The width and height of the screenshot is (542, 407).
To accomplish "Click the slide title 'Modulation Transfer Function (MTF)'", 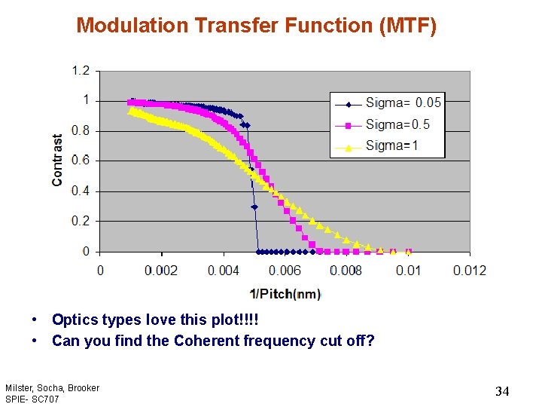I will (x=256, y=26).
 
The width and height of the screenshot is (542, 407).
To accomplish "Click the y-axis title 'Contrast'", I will (x=58, y=161).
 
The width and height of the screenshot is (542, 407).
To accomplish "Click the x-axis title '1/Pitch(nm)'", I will (x=285, y=294).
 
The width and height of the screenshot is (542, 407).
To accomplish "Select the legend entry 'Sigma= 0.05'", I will (x=403, y=103).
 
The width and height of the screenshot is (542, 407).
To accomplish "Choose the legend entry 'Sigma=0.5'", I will (x=397, y=124).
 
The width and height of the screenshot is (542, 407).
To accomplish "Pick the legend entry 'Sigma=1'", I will (x=391, y=145).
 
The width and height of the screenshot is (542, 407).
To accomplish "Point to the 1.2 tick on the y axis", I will (x=81, y=71).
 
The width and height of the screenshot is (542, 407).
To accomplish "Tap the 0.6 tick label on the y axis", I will (x=81, y=161).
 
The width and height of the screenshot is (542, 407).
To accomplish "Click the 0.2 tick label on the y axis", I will (x=81, y=221).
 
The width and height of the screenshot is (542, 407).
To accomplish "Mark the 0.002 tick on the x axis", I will (x=162, y=271).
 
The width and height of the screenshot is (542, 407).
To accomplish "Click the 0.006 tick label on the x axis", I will (x=285, y=271).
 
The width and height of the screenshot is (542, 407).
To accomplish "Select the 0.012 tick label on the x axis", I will (x=470, y=271).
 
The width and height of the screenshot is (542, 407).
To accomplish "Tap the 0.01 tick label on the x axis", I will (x=408, y=271).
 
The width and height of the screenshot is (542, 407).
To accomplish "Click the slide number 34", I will (x=502, y=391).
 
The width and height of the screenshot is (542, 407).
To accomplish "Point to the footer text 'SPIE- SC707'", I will (x=32, y=399).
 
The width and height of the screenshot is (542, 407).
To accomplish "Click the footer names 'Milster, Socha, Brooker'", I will (x=52, y=388).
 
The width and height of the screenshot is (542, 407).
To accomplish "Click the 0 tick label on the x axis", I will (x=100, y=271).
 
